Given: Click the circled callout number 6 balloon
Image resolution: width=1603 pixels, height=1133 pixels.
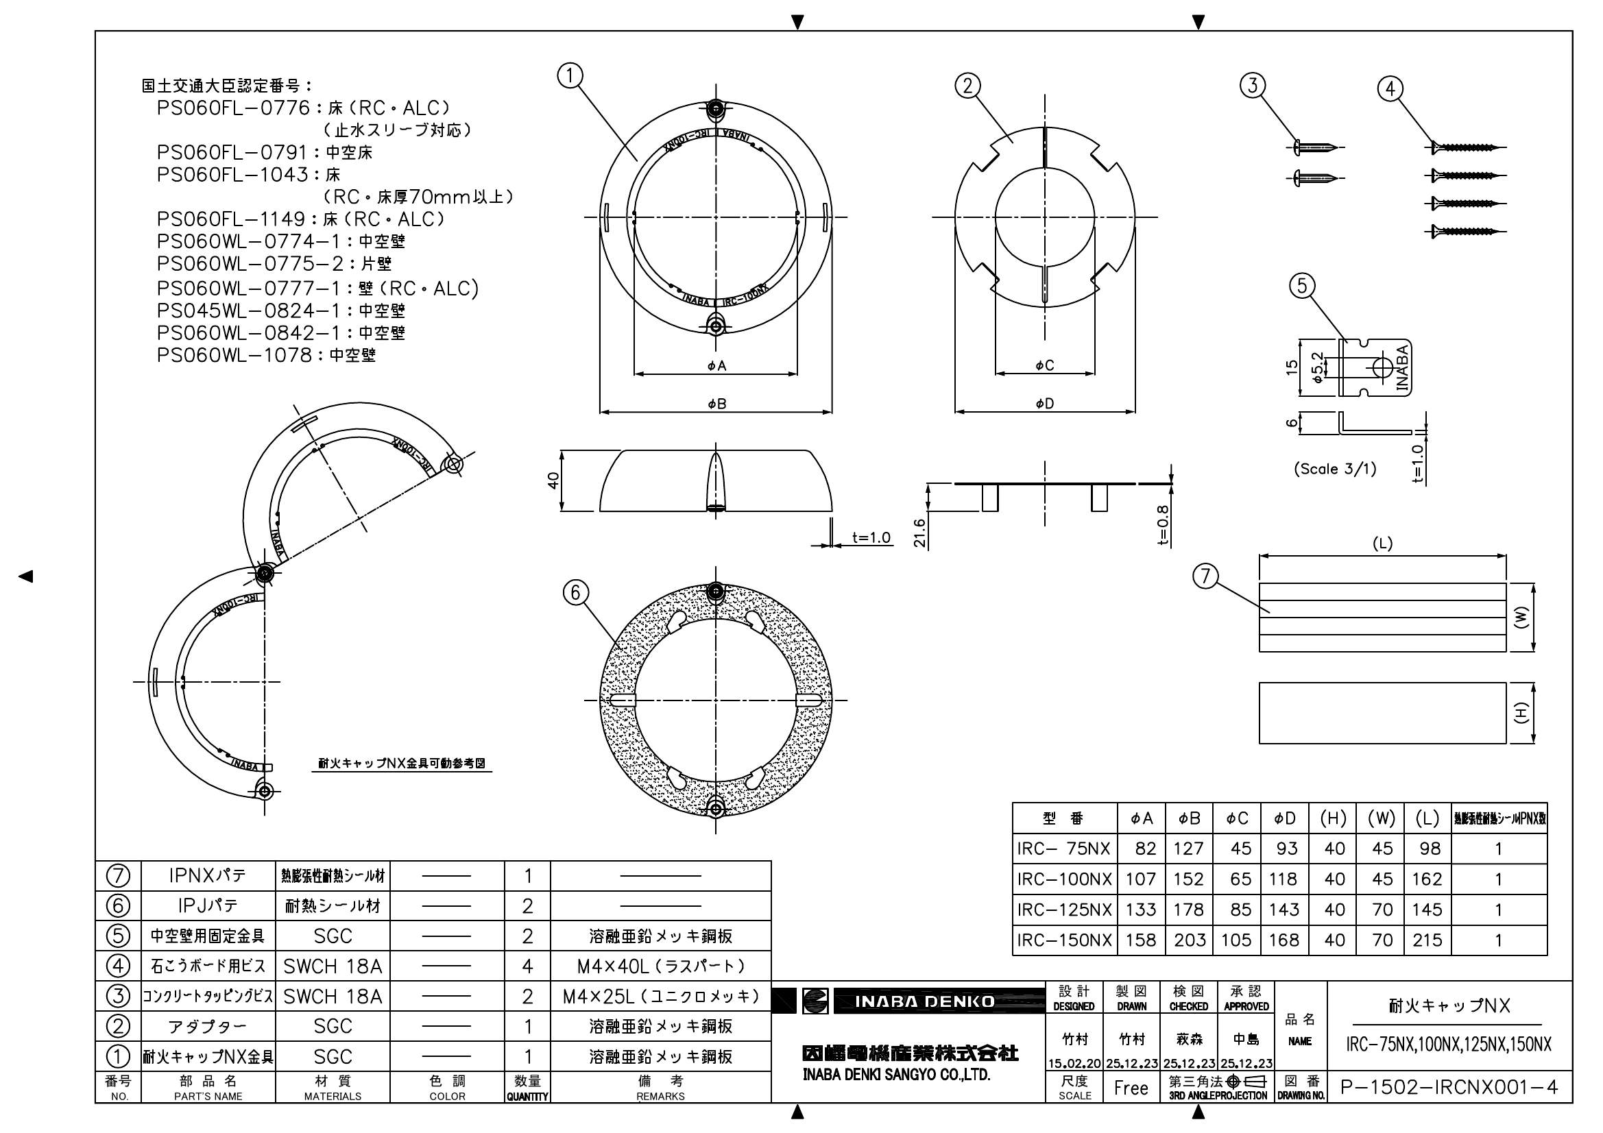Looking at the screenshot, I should click(x=575, y=593).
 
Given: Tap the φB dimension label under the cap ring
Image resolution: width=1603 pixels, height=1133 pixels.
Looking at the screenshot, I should click(x=716, y=404).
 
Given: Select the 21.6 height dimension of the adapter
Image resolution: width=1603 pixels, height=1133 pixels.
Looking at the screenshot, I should click(x=919, y=532).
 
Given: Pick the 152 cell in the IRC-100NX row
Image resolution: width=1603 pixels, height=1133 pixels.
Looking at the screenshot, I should click(x=1188, y=879).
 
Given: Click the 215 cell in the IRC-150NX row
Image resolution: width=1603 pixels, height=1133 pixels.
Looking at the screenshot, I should click(x=1427, y=940).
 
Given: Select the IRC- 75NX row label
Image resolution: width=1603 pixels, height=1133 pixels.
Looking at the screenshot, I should click(x=1063, y=849).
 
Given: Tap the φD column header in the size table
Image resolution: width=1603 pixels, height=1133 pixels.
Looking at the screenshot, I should click(x=1285, y=819).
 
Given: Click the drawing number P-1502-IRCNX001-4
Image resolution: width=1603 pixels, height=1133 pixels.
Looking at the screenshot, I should click(x=1449, y=1088).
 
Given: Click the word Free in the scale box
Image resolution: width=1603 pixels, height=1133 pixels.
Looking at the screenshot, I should click(x=1131, y=1088).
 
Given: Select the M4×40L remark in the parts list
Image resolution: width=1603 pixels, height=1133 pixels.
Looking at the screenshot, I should click(x=660, y=966).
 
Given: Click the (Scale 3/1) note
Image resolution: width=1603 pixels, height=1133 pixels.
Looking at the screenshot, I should click(x=1335, y=469).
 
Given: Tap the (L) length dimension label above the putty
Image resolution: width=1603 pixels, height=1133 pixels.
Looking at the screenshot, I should click(x=1382, y=544).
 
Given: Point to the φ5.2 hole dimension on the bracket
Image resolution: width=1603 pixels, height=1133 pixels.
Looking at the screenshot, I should click(x=1316, y=367).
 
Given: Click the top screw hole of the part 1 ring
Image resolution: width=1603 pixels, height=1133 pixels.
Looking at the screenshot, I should click(x=716, y=108).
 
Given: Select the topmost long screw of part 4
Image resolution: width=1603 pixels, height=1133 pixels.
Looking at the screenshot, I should click(x=1465, y=147).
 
